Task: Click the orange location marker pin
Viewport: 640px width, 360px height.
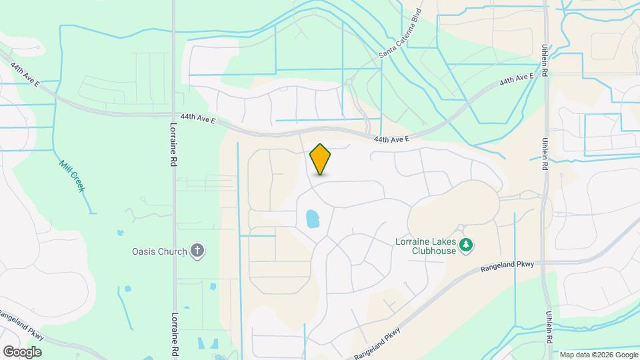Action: [321, 159]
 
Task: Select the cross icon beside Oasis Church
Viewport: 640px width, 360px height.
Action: [197, 251]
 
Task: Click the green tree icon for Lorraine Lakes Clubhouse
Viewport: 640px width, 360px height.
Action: [467, 246]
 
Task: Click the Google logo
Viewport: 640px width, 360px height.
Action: [22, 351]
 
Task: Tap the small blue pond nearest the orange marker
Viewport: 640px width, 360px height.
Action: [311, 219]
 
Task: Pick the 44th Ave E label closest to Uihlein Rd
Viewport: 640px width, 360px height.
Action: [517, 80]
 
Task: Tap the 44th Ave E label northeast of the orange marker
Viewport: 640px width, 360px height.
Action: [391, 139]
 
